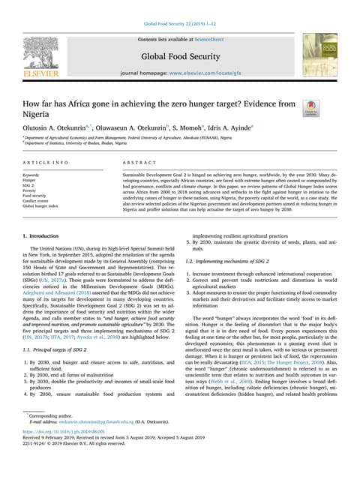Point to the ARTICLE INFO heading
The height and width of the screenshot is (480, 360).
(46, 162)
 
